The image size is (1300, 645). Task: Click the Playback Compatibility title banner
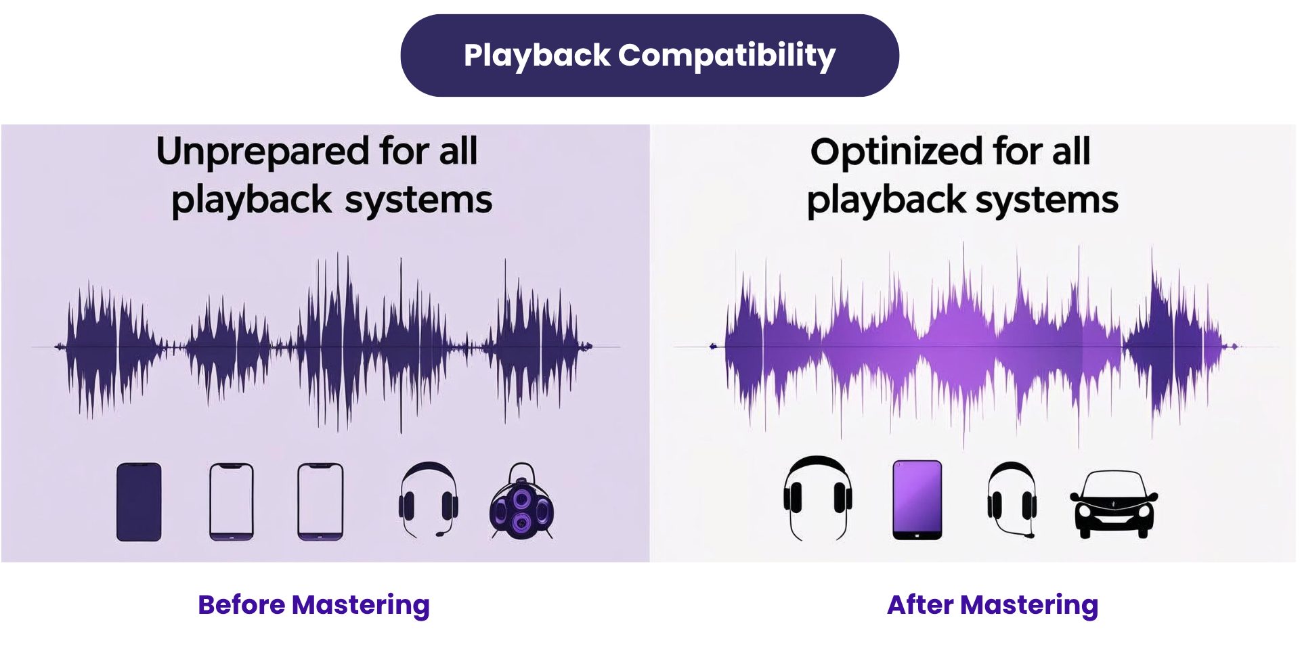pyautogui.click(x=649, y=55)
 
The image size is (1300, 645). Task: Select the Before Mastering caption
pyautogui.click(x=313, y=604)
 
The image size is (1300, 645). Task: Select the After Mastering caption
pyautogui.click(x=992, y=604)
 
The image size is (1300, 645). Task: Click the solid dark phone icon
pyautogui.click(x=139, y=502)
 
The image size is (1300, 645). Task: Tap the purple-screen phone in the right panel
pyautogui.click(x=917, y=499)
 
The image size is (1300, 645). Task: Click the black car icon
pyautogui.click(x=1113, y=504)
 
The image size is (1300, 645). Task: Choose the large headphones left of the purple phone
pyautogui.click(x=817, y=497)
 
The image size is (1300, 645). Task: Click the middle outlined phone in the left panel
pyautogui.click(x=231, y=502)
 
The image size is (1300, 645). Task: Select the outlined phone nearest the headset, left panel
pyautogui.click(x=320, y=502)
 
